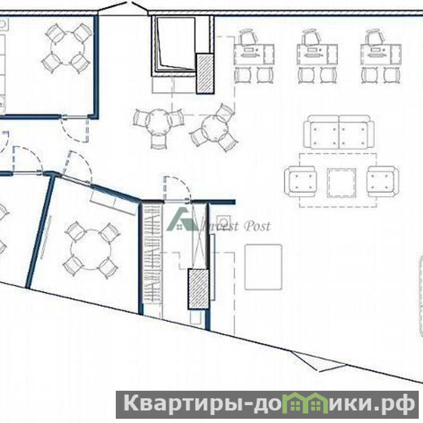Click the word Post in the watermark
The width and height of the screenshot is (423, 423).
click(x=257, y=226)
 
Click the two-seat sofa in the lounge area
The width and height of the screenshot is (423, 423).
click(x=338, y=132)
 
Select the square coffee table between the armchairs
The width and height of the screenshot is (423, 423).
click(x=341, y=183)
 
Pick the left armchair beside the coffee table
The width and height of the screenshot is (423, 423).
click(x=300, y=181)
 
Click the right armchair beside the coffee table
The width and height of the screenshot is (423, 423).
click(x=383, y=181)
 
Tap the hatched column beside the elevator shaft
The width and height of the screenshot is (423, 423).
click(x=205, y=73)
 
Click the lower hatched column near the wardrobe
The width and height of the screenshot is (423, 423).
click(x=199, y=289)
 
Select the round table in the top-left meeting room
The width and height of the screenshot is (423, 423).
click(x=68, y=49)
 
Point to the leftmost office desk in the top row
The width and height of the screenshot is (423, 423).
click(x=254, y=55)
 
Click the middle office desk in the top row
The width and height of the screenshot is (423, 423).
click(x=317, y=55)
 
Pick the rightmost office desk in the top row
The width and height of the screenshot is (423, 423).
click(x=381, y=55)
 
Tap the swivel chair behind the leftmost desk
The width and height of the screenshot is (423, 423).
click(x=247, y=36)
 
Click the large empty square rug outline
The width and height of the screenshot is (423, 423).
click(x=263, y=267)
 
